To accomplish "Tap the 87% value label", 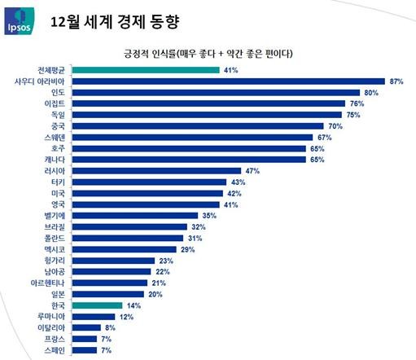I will tap(397, 81).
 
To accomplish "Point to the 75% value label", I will tap(353, 116).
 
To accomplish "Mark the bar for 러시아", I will tap(164, 171).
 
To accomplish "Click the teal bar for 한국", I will tap(103, 305).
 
